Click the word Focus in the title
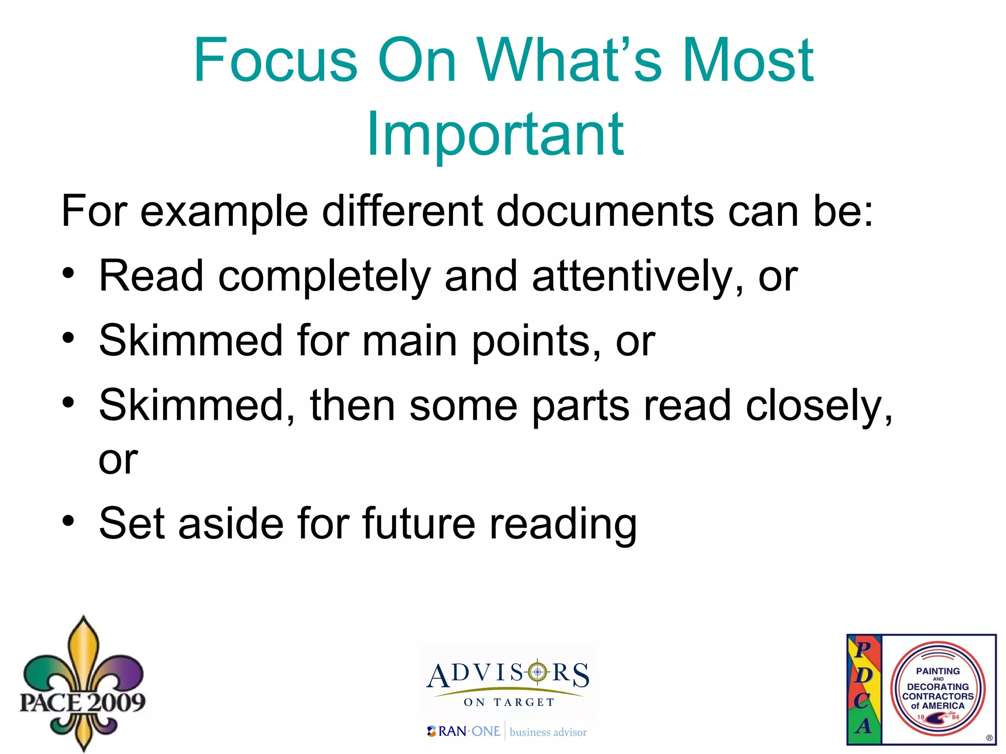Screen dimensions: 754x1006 pyautogui.click(x=275, y=61)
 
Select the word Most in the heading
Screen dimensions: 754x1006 pyautogui.click(x=748, y=61)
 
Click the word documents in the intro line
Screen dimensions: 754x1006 pyautogui.click(x=605, y=211)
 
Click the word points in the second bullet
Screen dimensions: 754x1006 pyautogui.click(x=536, y=342)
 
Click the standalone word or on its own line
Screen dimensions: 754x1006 pyautogui.click(x=118, y=460)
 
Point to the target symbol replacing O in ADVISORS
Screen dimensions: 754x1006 pyautogui.click(x=537, y=672)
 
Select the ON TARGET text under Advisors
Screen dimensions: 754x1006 pyautogui.click(x=509, y=702)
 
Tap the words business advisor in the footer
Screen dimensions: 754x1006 pyautogui.click(x=548, y=732)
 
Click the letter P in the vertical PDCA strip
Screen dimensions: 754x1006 pyautogui.click(x=863, y=649)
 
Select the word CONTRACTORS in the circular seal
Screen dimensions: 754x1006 pyautogui.click(x=938, y=696)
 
